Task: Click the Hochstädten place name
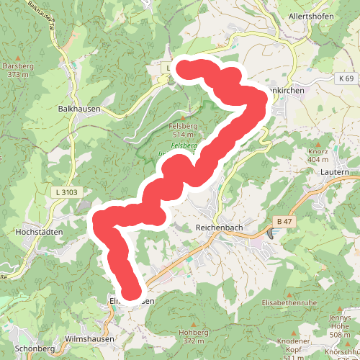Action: pos(39,232)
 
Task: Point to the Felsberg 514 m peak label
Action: pos(183,130)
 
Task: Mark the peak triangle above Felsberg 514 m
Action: pos(183,117)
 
